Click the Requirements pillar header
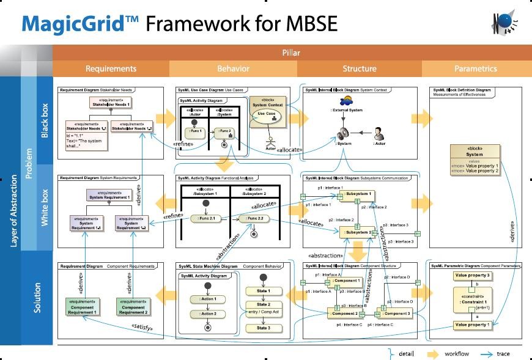(111, 69)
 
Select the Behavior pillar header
(234, 69)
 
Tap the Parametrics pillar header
(476, 69)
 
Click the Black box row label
(45, 120)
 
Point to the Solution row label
(37, 298)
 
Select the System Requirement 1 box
(109, 195)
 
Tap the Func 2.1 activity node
(204, 218)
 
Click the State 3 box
(263, 328)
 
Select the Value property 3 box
(472, 276)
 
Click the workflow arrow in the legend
(434, 354)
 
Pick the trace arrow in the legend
(487, 354)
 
